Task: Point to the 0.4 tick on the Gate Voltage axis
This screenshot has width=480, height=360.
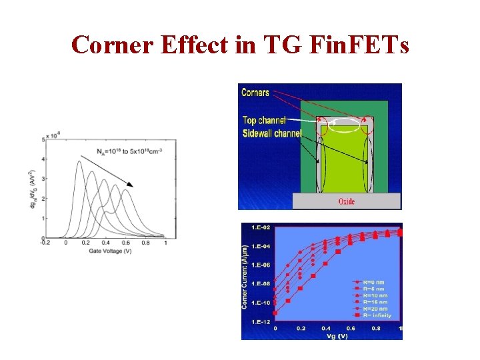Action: point(105,243)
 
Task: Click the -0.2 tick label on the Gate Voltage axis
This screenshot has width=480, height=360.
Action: point(45,243)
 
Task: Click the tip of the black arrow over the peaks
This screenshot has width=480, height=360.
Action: point(133,186)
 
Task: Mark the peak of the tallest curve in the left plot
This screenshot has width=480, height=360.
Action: point(79,162)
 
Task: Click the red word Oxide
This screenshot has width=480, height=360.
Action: point(347,201)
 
